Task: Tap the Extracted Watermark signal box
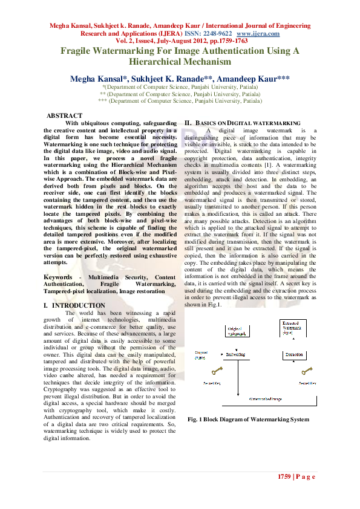(295, 328)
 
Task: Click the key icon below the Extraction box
(307, 371)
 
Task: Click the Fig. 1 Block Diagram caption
(248, 419)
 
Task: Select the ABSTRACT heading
(65, 115)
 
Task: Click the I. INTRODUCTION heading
(74, 306)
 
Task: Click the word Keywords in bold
(61, 276)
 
